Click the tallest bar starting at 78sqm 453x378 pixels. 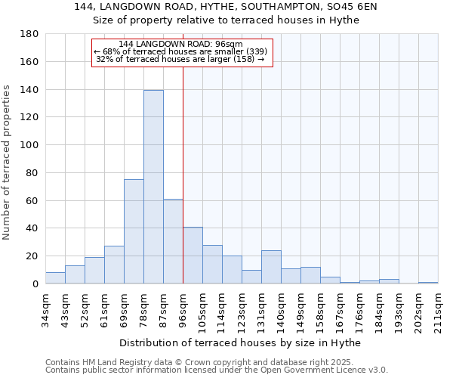pos(153,187)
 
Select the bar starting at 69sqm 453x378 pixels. pos(134,231)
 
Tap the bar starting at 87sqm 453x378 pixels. pos(173,241)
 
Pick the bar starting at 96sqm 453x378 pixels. pos(193,256)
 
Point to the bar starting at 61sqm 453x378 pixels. pos(114,265)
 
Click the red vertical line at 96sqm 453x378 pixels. pos(183,174)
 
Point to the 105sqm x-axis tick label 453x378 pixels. pos(202,309)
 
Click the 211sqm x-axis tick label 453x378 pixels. pos(438,309)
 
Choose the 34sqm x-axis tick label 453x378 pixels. pos(45,309)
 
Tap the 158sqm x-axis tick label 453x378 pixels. pos(320,309)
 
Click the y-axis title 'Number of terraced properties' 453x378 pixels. pos(8,163)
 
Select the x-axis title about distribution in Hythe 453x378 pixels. pos(240,343)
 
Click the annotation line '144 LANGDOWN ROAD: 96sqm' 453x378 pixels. pos(180,45)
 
